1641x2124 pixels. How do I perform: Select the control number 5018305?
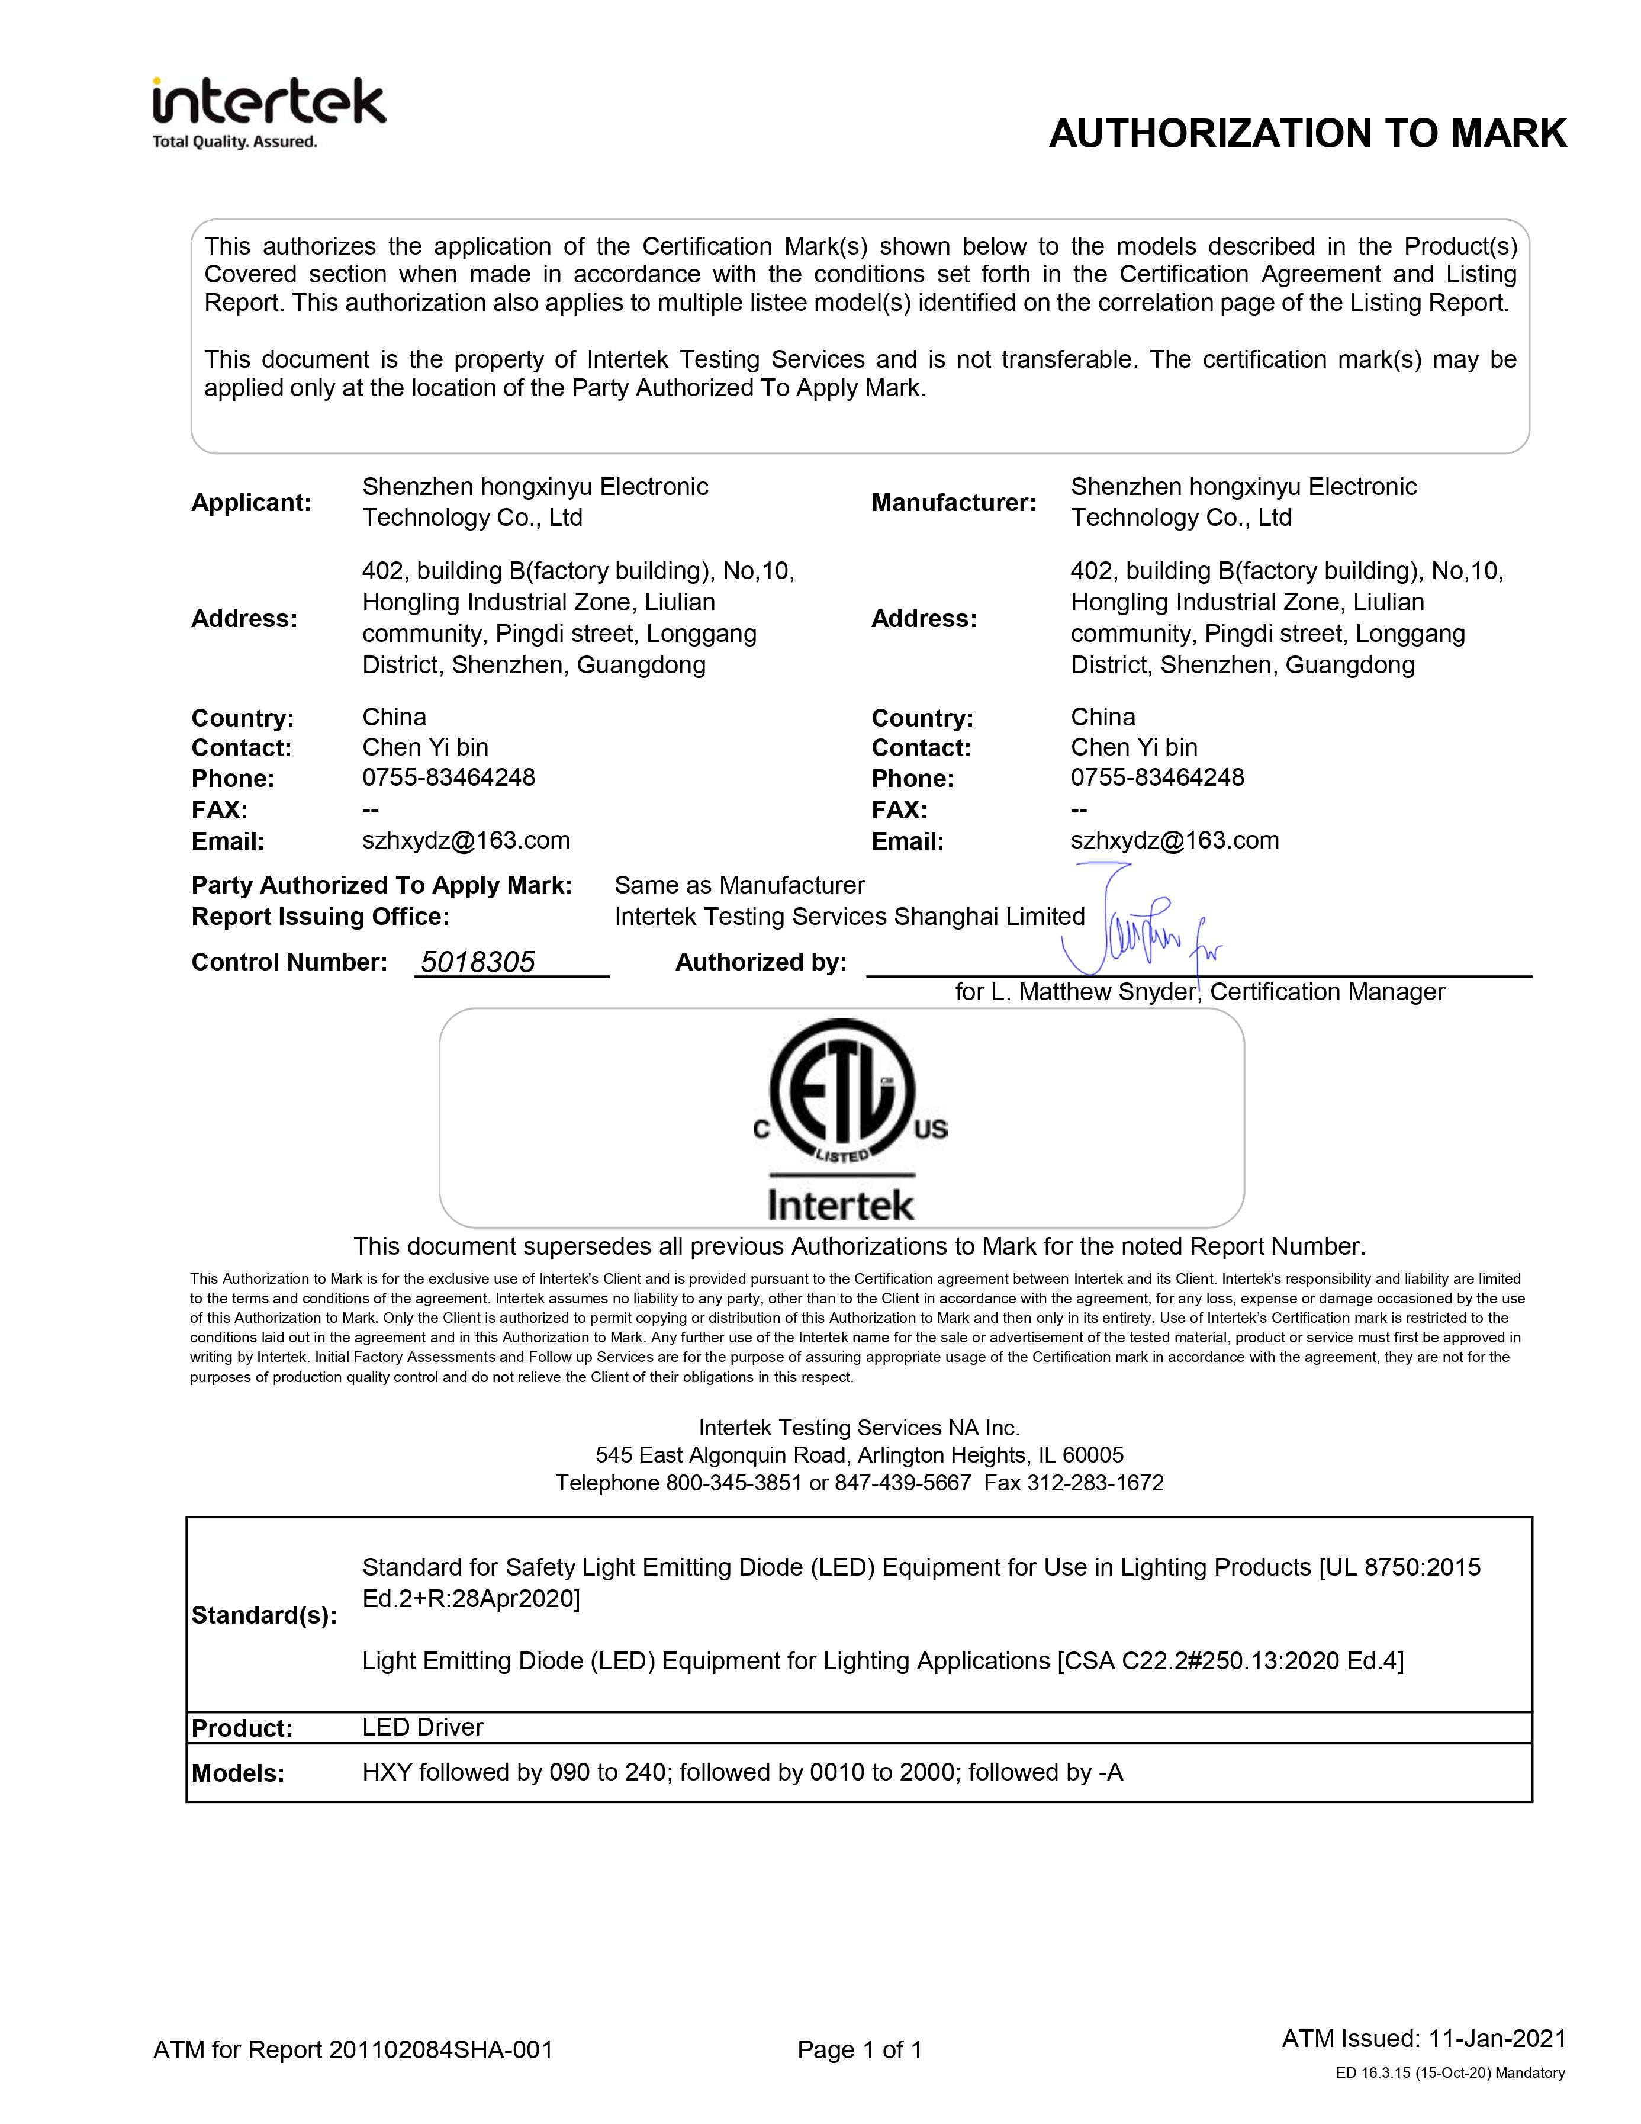(477, 962)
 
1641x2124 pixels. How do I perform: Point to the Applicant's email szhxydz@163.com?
(466, 840)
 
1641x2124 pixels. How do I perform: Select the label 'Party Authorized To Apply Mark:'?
(381, 885)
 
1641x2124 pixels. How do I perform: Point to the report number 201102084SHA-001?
(440, 2050)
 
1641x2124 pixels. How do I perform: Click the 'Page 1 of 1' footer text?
(860, 2050)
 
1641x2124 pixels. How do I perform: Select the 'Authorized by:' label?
(760, 962)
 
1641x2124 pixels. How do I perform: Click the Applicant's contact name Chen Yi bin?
(425, 747)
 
